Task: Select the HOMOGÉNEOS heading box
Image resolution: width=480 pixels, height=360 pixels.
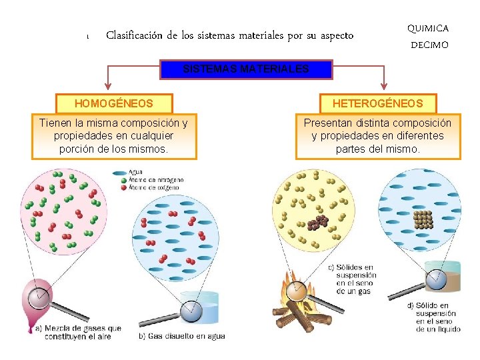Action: (115, 103)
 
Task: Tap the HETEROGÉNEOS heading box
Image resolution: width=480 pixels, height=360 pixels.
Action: (377, 103)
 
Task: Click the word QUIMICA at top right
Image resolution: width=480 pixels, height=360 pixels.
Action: (428, 28)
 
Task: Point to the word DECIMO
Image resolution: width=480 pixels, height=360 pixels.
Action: (429, 45)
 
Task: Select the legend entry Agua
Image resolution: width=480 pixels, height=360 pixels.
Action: (136, 172)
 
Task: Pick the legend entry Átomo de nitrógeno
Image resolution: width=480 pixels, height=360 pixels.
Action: (157, 180)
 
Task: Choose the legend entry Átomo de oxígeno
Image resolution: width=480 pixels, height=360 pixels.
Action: (156, 188)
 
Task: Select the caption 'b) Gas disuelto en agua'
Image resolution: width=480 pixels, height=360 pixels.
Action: (182, 335)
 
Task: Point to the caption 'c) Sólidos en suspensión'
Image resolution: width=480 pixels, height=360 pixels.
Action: (352, 279)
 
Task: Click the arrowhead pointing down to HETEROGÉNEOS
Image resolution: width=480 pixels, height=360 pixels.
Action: (384, 86)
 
